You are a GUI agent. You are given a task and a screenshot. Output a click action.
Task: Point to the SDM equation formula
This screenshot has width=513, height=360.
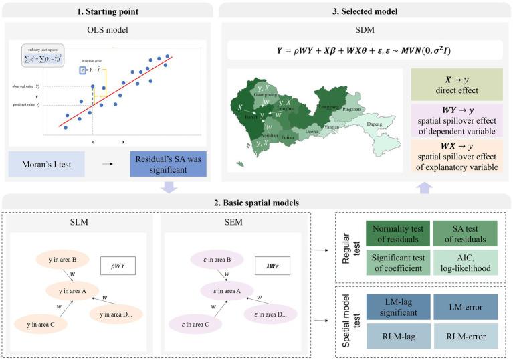(365, 50)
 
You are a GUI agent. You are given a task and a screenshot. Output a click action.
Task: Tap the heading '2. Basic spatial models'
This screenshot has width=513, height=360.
(255, 201)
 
